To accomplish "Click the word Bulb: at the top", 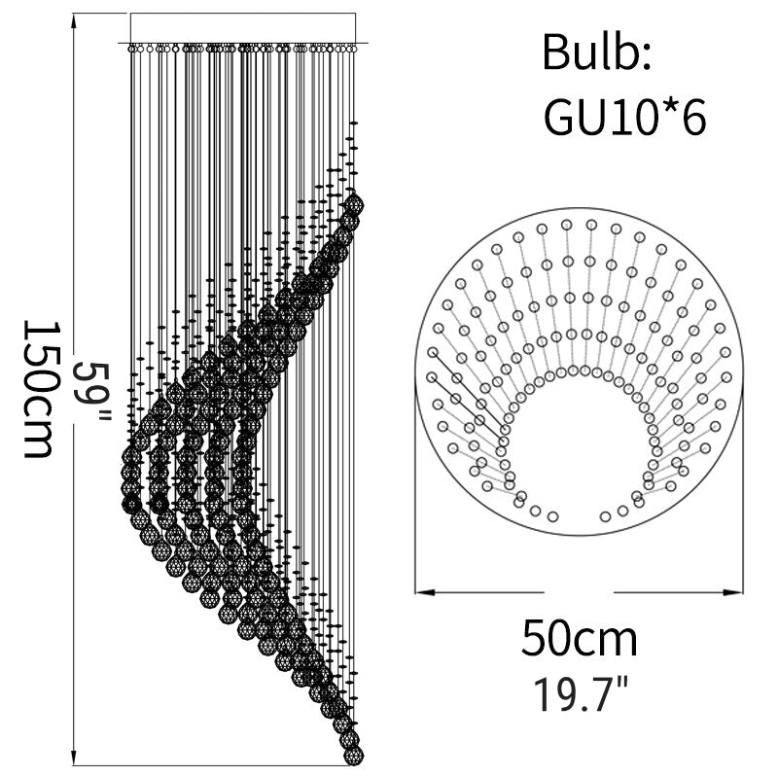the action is [596, 53].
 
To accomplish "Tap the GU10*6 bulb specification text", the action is [624, 118].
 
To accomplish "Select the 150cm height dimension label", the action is [39, 388].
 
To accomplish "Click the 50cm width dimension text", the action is [579, 639].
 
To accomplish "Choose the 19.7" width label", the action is [581, 694].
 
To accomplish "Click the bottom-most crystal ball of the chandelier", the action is [354, 756].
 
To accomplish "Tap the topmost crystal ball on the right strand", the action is [354, 203].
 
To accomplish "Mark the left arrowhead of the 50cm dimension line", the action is [425, 592].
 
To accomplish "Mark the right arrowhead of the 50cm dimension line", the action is [733, 592].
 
